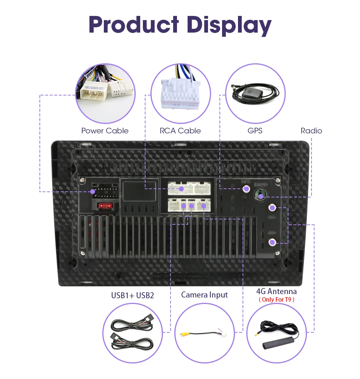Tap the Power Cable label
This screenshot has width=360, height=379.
click(105, 131)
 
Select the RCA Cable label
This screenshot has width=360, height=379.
click(180, 131)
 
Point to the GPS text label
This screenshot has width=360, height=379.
click(255, 131)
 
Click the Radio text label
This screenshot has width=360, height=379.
click(311, 131)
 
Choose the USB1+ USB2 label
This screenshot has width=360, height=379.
click(132, 295)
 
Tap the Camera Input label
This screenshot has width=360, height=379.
click(204, 294)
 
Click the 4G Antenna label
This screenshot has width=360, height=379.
click(276, 291)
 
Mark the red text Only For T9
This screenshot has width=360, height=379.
click(276, 300)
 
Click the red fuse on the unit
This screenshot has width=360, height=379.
click(105, 206)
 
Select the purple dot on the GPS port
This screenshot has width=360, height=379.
click(246, 188)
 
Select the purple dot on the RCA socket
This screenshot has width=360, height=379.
click(182, 188)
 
